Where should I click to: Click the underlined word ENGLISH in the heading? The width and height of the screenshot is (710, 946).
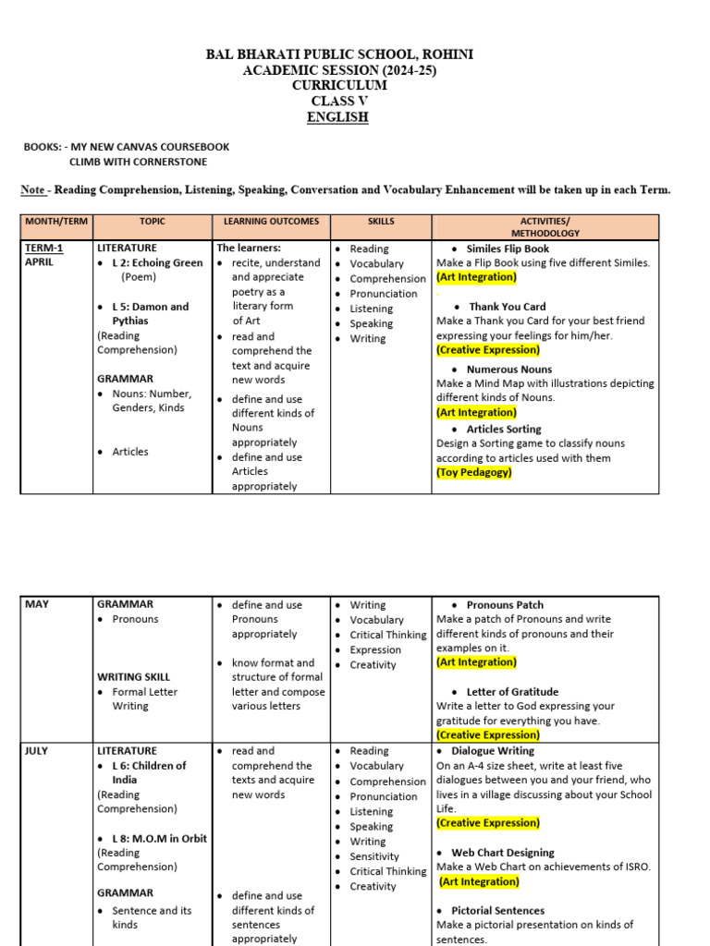tap(337, 117)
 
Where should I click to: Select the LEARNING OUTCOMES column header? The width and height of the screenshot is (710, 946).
tap(271, 222)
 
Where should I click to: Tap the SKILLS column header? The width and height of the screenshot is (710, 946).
tap(380, 222)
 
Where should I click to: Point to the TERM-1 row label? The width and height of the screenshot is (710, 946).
tap(43, 248)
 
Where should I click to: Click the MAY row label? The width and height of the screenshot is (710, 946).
tap(37, 604)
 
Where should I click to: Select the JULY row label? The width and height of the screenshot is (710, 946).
tap(39, 751)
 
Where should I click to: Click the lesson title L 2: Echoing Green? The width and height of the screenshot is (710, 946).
tap(157, 262)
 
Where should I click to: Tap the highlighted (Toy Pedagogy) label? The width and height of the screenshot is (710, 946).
tap(473, 472)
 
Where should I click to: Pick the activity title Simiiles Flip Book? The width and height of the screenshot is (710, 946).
tap(508, 249)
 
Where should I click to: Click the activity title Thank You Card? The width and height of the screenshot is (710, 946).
tap(508, 307)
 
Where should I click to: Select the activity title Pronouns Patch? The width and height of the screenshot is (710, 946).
tap(505, 605)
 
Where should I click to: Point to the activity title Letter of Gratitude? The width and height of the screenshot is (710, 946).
tap(512, 692)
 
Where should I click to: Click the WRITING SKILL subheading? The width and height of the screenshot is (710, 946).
tap(133, 677)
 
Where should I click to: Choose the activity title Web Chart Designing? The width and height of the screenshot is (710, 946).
tap(503, 853)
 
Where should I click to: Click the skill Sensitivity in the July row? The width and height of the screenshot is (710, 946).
tap(374, 856)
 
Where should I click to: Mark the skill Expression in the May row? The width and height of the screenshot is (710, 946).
tap(375, 649)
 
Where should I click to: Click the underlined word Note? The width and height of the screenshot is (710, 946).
tap(33, 190)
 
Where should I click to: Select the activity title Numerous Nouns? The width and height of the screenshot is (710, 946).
tap(509, 370)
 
